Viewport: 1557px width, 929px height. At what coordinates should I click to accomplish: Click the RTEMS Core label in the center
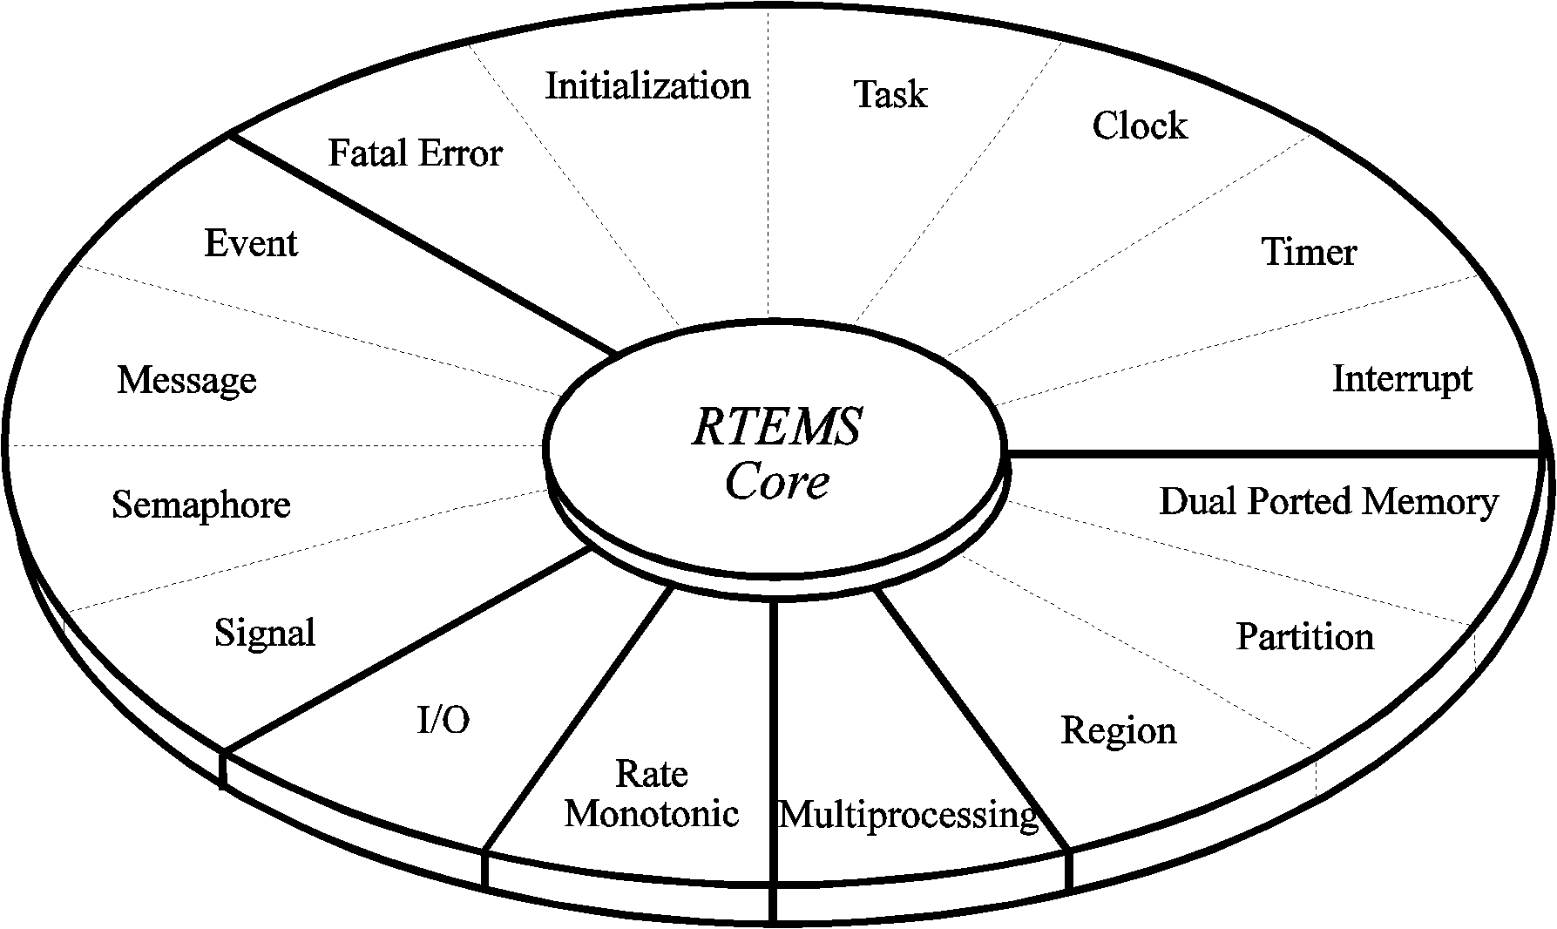click(776, 453)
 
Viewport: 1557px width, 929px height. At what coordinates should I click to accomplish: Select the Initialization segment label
click(647, 86)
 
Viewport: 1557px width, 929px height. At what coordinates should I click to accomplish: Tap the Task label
click(890, 94)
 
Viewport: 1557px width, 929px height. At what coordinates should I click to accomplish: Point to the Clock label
click(1139, 125)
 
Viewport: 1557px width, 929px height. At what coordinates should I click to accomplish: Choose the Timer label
click(1309, 252)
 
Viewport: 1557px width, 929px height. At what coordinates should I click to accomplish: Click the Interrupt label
click(1402, 378)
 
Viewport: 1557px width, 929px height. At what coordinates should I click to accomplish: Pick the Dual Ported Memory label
click(1328, 501)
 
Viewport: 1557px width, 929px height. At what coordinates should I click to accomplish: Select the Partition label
click(1304, 636)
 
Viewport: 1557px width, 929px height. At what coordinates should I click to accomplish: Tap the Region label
click(1118, 730)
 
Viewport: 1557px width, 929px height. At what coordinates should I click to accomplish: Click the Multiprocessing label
click(908, 815)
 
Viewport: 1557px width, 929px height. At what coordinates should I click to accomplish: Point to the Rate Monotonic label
click(651, 794)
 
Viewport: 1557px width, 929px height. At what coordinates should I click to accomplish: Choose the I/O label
click(443, 720)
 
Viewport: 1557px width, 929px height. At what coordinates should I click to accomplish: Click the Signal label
click(265, 633)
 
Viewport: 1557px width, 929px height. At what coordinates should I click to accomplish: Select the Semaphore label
click(201, 505)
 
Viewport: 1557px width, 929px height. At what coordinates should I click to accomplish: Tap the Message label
click(186, 380)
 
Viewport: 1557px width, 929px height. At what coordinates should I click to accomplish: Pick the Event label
click(251, 243)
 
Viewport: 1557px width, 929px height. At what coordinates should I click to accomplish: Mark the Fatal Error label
click(415, 153)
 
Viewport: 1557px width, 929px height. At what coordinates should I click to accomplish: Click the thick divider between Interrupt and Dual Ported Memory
click(1272, 453)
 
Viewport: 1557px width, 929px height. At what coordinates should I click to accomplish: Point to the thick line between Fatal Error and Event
click(423, 244)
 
